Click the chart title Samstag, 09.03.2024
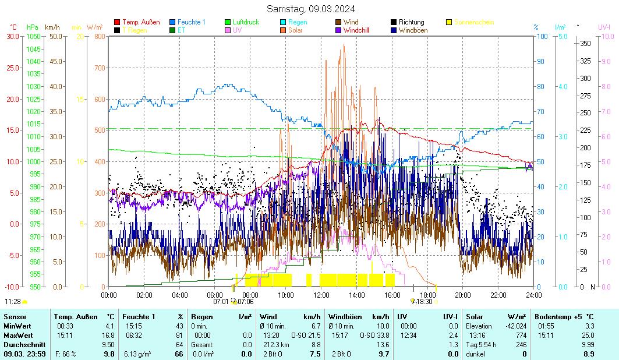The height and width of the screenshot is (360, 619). point(310,9)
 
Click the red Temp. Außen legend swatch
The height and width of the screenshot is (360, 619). point(117,22)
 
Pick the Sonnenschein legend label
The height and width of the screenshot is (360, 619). point(473,22)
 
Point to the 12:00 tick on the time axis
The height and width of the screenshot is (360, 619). point(321,295)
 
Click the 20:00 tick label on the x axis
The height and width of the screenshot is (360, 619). point(462,295)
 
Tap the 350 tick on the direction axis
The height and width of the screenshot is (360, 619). point(586,44)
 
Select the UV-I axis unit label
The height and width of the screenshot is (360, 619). point(604,27)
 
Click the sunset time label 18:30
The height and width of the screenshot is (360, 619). point(424,302)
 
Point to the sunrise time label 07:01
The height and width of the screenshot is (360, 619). point(221,302)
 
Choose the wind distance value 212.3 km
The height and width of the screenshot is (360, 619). point(272,344)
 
